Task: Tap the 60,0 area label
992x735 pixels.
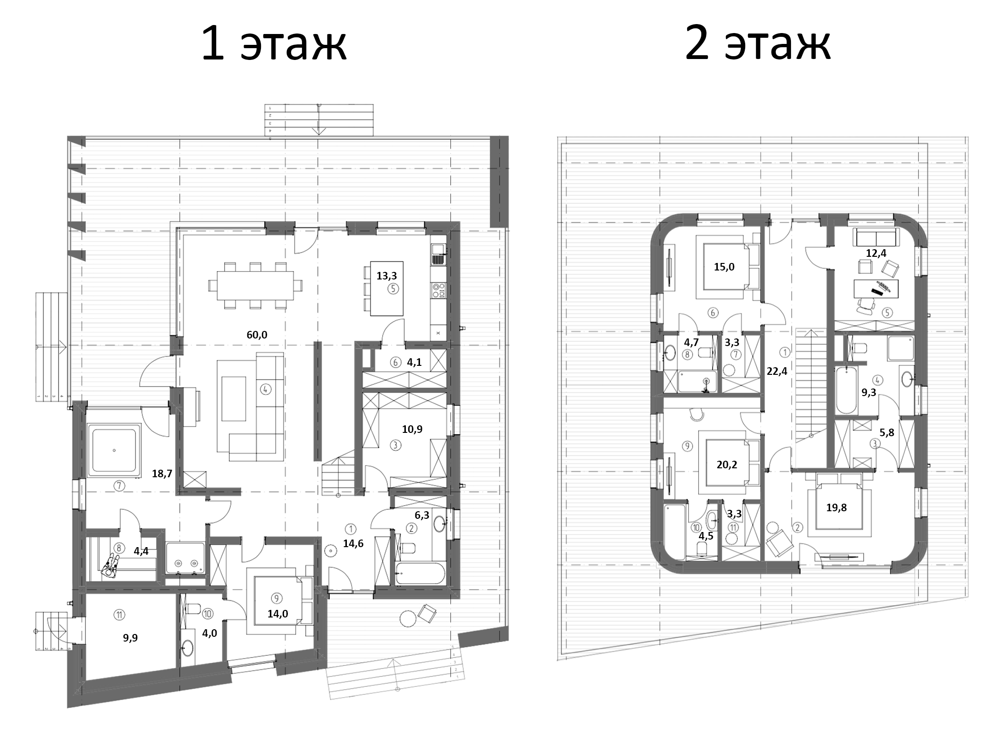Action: (257, 335)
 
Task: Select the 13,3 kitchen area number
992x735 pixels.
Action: (387, 276)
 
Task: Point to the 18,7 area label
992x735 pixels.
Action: (162, 474)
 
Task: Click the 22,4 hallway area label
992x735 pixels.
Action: (777, 371)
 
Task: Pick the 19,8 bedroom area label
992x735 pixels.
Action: (836, 508)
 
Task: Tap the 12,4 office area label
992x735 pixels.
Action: (876, 253)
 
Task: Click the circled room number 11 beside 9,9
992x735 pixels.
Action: (119, 615)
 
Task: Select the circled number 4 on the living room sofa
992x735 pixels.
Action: (265, 389)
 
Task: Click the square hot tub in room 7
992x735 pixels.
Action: (114, 450)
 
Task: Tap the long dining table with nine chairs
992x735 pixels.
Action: (255, 286)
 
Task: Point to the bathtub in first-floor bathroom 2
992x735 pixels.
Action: (420, 573)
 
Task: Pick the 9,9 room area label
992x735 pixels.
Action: (130, 638)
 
